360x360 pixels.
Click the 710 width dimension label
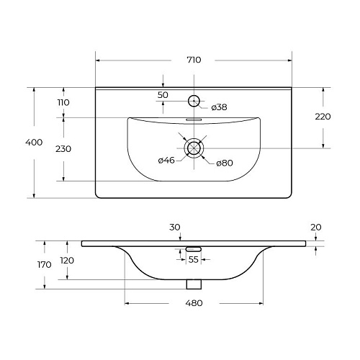pos(193,60)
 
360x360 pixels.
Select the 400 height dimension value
pos(33,143)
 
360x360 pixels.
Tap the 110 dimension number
pos(63,103)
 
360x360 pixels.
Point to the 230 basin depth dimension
pos(63,149)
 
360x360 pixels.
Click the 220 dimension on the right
pos(323,117)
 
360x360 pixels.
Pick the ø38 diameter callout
pos(220,107)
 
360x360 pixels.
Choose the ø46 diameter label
pos(167,160)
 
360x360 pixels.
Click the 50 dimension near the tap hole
pos(163,95)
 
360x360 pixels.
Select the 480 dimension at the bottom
pos(194,303)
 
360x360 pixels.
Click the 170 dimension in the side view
pos(45,264)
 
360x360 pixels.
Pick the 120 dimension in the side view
pos(66,260)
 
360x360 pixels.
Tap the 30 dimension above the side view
pos(174,227)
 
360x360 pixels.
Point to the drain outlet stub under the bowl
pos(193,284)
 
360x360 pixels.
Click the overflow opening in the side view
pos(193,248)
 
